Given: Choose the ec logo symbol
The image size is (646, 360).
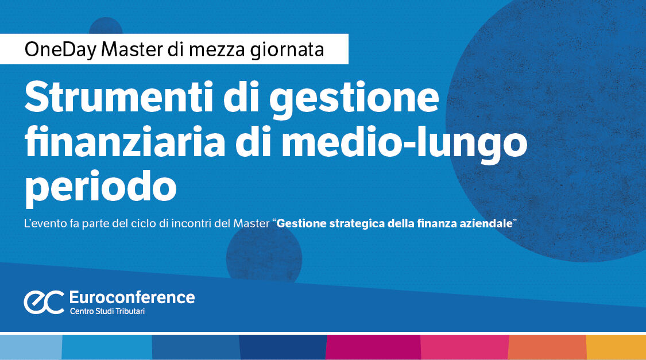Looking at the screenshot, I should click(43, 302).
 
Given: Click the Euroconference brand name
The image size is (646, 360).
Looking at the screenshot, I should click(131, 297).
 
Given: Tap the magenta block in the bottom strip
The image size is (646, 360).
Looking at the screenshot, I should click(373, 347).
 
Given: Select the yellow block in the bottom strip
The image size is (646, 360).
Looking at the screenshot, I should click(616, 347).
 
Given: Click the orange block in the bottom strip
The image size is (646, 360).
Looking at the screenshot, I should click(547, 347).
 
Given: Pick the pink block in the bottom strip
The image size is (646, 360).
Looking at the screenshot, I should click(465, 347).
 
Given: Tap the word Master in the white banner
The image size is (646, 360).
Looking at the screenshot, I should click(132, 49).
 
